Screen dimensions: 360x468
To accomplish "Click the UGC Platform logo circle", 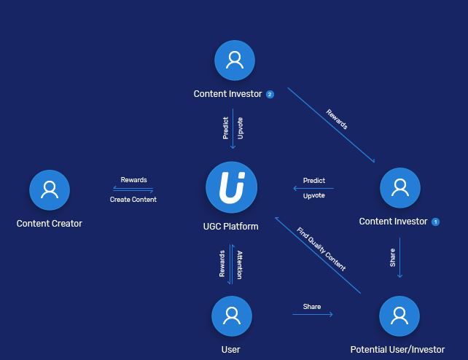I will [232, 188].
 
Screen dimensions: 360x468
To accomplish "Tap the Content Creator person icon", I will [50, 189].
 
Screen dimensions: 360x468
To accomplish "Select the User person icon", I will [232, 316].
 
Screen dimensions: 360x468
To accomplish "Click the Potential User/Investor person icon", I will [399, 316].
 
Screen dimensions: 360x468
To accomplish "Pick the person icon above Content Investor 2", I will [234, 60].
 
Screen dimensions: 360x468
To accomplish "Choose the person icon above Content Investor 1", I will [400, 188].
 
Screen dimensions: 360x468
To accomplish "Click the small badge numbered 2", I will [270, 94].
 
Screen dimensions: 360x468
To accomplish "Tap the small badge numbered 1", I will [436, 222].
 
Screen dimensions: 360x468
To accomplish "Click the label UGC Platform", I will [231, 226].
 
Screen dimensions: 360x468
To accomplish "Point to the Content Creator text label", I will [50, 224].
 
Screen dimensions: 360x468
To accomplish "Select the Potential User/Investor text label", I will [397, 350].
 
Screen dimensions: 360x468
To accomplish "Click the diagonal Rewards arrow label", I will [337, 120].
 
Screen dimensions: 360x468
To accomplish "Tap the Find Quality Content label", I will [321, 249].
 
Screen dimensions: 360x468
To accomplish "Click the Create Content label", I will [133, 199].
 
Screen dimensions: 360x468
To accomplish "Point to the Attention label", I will [239, 265].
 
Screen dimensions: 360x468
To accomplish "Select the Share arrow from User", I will [312, 314].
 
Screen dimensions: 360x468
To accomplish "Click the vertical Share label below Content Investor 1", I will [393, 258].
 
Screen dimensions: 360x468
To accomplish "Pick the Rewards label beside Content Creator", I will [133, 180].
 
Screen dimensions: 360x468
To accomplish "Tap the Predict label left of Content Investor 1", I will [313, 180].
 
